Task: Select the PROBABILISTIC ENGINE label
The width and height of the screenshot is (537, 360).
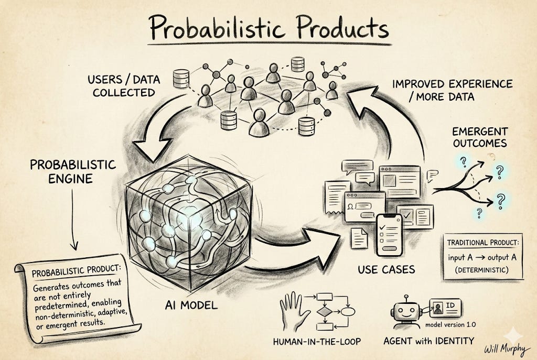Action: (x=73, y=171)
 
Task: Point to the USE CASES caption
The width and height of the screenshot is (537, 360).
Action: (x=386, y=270)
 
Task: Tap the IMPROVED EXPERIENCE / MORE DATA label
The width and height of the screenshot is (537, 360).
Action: (x=452, y=90)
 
